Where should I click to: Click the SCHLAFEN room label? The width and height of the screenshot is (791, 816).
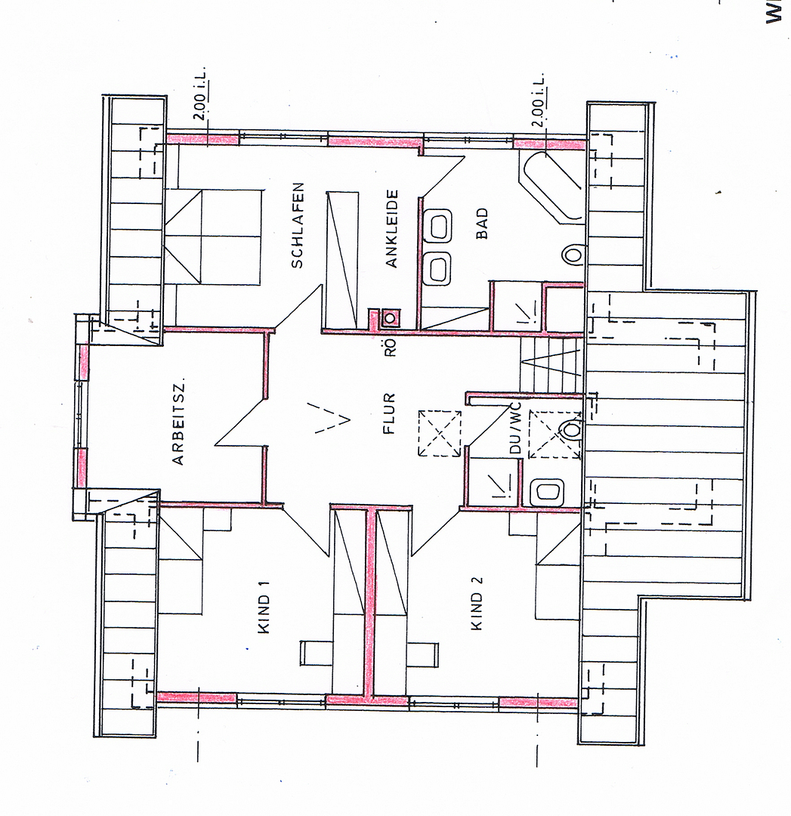297,225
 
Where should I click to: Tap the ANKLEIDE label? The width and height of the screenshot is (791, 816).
391,228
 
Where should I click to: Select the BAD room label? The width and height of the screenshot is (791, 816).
483,223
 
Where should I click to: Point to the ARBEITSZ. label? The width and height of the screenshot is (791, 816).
178,424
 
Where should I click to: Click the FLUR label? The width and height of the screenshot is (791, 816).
389,414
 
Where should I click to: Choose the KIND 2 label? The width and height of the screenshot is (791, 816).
477,604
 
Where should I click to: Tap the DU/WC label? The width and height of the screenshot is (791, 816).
515,428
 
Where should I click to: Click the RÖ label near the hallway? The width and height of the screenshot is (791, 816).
391,347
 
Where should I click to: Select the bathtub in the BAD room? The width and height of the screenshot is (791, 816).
552,187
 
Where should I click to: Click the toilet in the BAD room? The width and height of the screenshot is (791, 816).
573,255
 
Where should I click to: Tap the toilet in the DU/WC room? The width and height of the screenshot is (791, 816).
571,430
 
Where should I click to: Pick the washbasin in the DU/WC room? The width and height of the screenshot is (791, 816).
547,492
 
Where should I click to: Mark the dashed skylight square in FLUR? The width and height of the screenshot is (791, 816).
440,434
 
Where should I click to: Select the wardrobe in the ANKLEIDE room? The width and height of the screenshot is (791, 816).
342,260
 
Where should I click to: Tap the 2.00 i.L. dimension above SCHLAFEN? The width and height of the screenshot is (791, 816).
201,93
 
